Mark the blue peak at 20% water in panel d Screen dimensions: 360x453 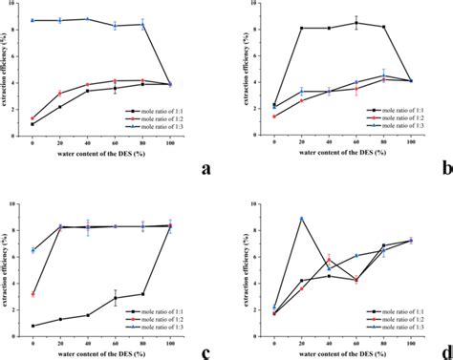[302, 218]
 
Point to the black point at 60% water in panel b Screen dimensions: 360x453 [356, 23]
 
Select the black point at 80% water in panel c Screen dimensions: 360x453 [141, 294]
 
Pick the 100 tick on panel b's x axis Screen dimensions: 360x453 [409, 142]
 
